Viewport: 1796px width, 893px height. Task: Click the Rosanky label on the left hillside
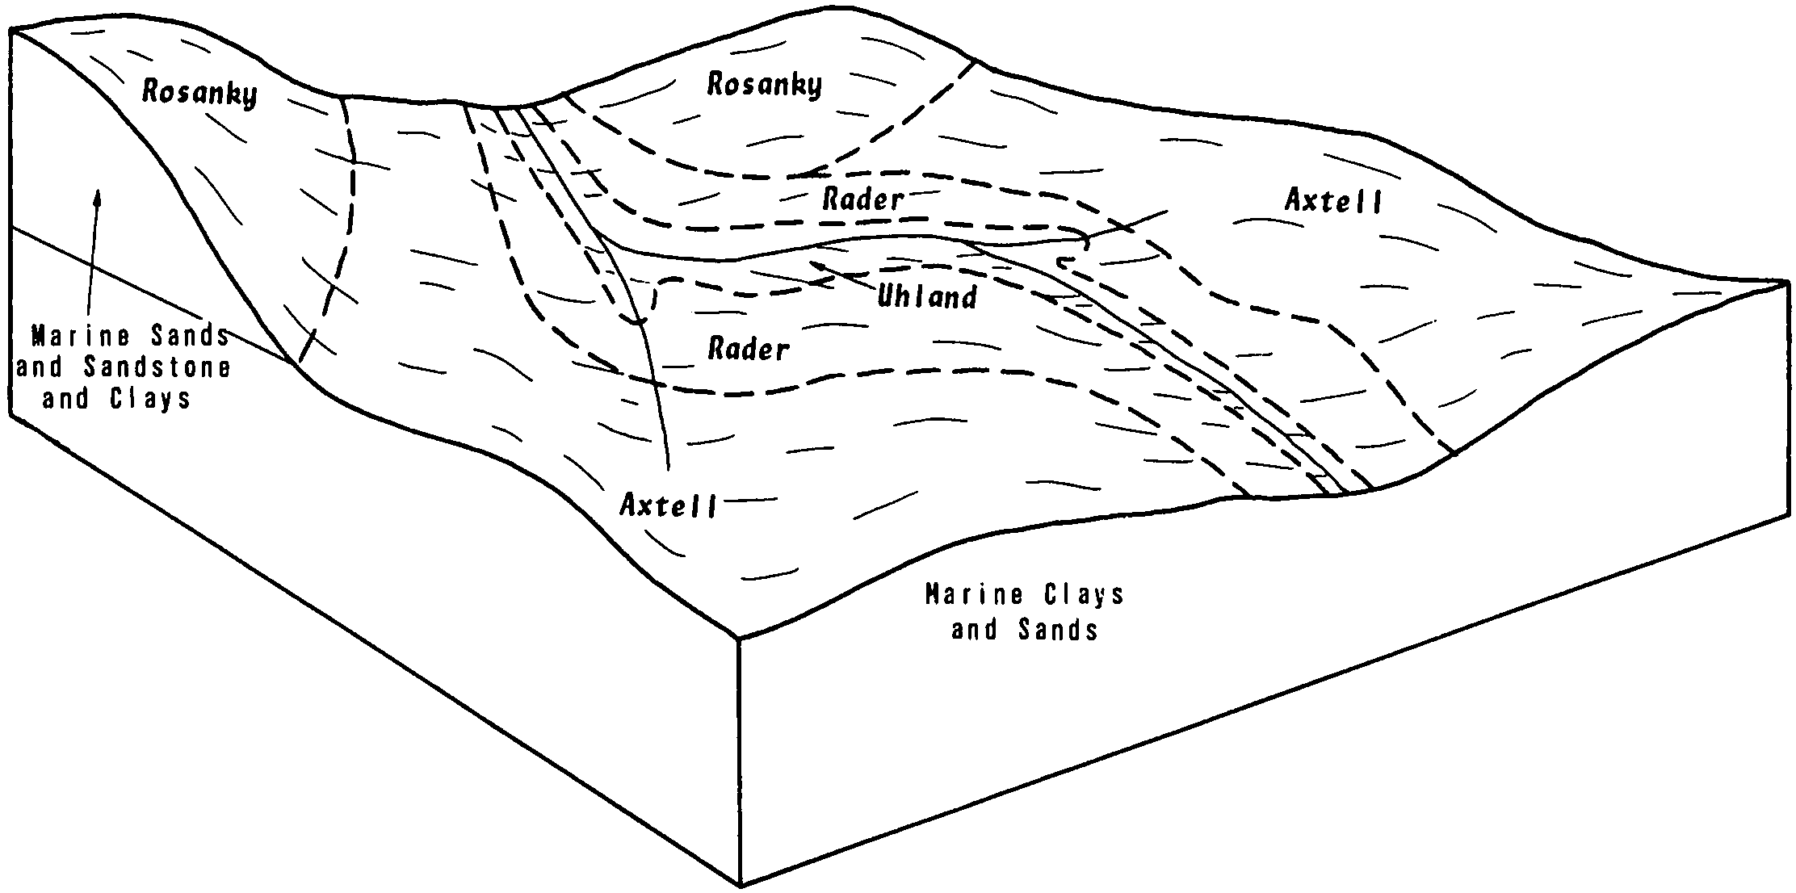tap(199, 93)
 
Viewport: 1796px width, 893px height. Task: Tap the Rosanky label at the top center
tap(764, 85)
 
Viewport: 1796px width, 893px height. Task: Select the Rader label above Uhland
tap(862, 199)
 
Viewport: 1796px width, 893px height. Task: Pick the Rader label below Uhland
tap(748, 349)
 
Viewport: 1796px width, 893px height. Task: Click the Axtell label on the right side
tap(1333, 201)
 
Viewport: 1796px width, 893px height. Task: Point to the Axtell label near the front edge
tap(668, 505)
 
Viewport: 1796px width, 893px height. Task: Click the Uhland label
tap(927, 297)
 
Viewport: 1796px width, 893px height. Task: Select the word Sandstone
tap(157, 367)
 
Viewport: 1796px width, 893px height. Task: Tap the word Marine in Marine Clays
tap(975, 595)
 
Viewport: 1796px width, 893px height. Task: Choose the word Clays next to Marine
tap(1085, 595)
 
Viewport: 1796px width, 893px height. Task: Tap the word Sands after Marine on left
tap(190, 334)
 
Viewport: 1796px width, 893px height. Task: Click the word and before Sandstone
tap(40, 367)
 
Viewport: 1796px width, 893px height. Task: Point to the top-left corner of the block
tap(11, 31)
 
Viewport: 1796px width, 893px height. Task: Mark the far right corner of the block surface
tap(1787, 282)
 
